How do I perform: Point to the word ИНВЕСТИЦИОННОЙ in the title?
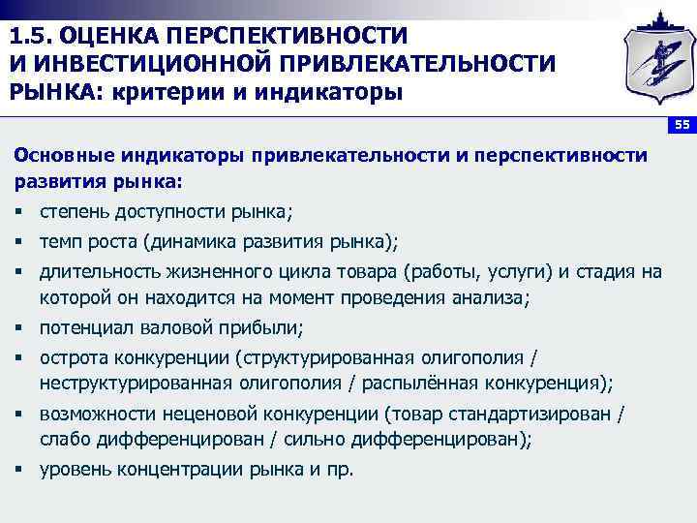pos(138,64)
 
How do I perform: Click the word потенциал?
pos(82,326)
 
